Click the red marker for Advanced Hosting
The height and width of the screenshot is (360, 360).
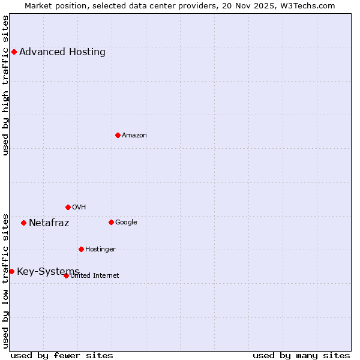point(14,52)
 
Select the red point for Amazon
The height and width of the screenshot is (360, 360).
point(118,135)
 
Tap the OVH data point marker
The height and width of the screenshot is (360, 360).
point(68,207)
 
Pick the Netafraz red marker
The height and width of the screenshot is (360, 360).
point(23,223)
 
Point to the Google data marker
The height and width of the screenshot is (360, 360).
point(111,222)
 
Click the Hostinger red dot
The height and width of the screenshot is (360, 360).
point(81,249)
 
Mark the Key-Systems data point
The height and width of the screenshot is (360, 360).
point(11,271)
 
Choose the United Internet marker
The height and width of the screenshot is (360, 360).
point(66,275)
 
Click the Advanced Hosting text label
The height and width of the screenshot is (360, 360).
point(62,52)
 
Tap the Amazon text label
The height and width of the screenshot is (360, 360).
point(134,135)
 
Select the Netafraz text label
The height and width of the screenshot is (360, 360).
point(49,223)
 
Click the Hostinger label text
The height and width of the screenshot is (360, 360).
point(100,249)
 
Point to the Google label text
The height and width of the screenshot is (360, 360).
point(126,222)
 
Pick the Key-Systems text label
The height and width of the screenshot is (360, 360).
point(48,272)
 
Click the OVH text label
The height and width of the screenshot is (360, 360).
point(79,207)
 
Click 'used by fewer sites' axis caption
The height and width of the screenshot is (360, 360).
point(62,355)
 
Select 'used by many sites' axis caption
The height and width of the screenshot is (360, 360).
point(301,355)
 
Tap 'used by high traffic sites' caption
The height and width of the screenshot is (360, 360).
point(5,85)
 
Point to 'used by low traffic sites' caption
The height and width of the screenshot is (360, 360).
point(5,280)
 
